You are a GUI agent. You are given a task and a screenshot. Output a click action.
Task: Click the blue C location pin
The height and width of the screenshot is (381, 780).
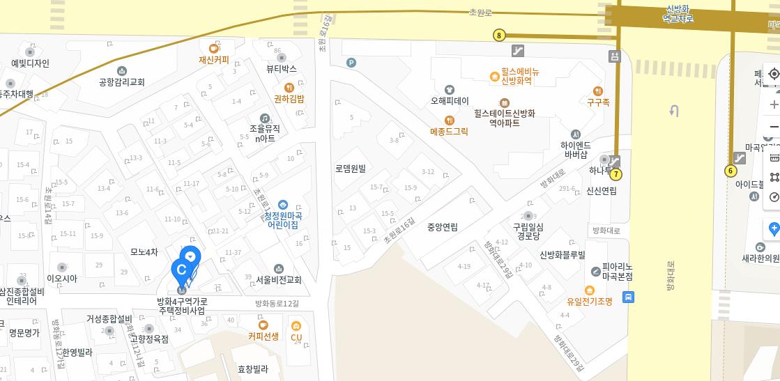point(182,270)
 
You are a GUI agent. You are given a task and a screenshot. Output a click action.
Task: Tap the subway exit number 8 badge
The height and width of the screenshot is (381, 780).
point(499,36)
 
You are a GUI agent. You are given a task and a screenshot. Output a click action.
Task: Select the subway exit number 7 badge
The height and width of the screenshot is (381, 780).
point(615,174)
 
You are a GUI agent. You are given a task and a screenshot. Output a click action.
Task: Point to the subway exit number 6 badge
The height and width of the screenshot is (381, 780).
point(731,171)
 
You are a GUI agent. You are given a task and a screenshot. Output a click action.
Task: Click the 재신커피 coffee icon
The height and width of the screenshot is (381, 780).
point(214,49)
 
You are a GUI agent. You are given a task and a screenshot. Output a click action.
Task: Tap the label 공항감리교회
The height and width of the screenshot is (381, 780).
point(122,82)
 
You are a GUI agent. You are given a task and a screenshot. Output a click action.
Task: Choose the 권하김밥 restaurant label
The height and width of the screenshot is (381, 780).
point(289,100)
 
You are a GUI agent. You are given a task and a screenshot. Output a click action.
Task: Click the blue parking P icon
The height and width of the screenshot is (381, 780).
point(351,63)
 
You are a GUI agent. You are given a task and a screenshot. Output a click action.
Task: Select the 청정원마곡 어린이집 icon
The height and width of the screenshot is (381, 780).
point(283,205)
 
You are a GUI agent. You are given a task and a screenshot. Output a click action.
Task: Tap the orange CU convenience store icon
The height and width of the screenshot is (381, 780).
point(296,327)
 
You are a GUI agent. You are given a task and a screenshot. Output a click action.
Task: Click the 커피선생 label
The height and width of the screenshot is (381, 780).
point(263,336)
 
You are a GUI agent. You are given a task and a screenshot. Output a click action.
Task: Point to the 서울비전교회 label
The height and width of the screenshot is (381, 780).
point(279,280)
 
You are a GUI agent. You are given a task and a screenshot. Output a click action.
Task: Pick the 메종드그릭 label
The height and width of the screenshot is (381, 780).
point(449,131)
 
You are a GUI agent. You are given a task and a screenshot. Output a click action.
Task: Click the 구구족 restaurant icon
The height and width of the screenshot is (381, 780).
point(597,91)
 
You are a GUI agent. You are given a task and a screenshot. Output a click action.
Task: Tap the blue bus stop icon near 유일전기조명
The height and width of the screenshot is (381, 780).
point(628,297)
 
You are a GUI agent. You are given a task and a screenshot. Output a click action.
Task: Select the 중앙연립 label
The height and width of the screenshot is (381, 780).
point(443,227)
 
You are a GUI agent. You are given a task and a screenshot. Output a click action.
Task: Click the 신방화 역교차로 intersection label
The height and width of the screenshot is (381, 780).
point(678,14)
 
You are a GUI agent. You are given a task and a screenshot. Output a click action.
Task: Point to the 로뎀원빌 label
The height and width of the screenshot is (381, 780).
point(351,169)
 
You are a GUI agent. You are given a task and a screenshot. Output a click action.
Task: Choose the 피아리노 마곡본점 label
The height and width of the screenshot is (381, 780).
point(618,271)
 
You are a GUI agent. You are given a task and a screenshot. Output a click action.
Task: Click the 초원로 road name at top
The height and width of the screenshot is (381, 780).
point(480,13)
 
